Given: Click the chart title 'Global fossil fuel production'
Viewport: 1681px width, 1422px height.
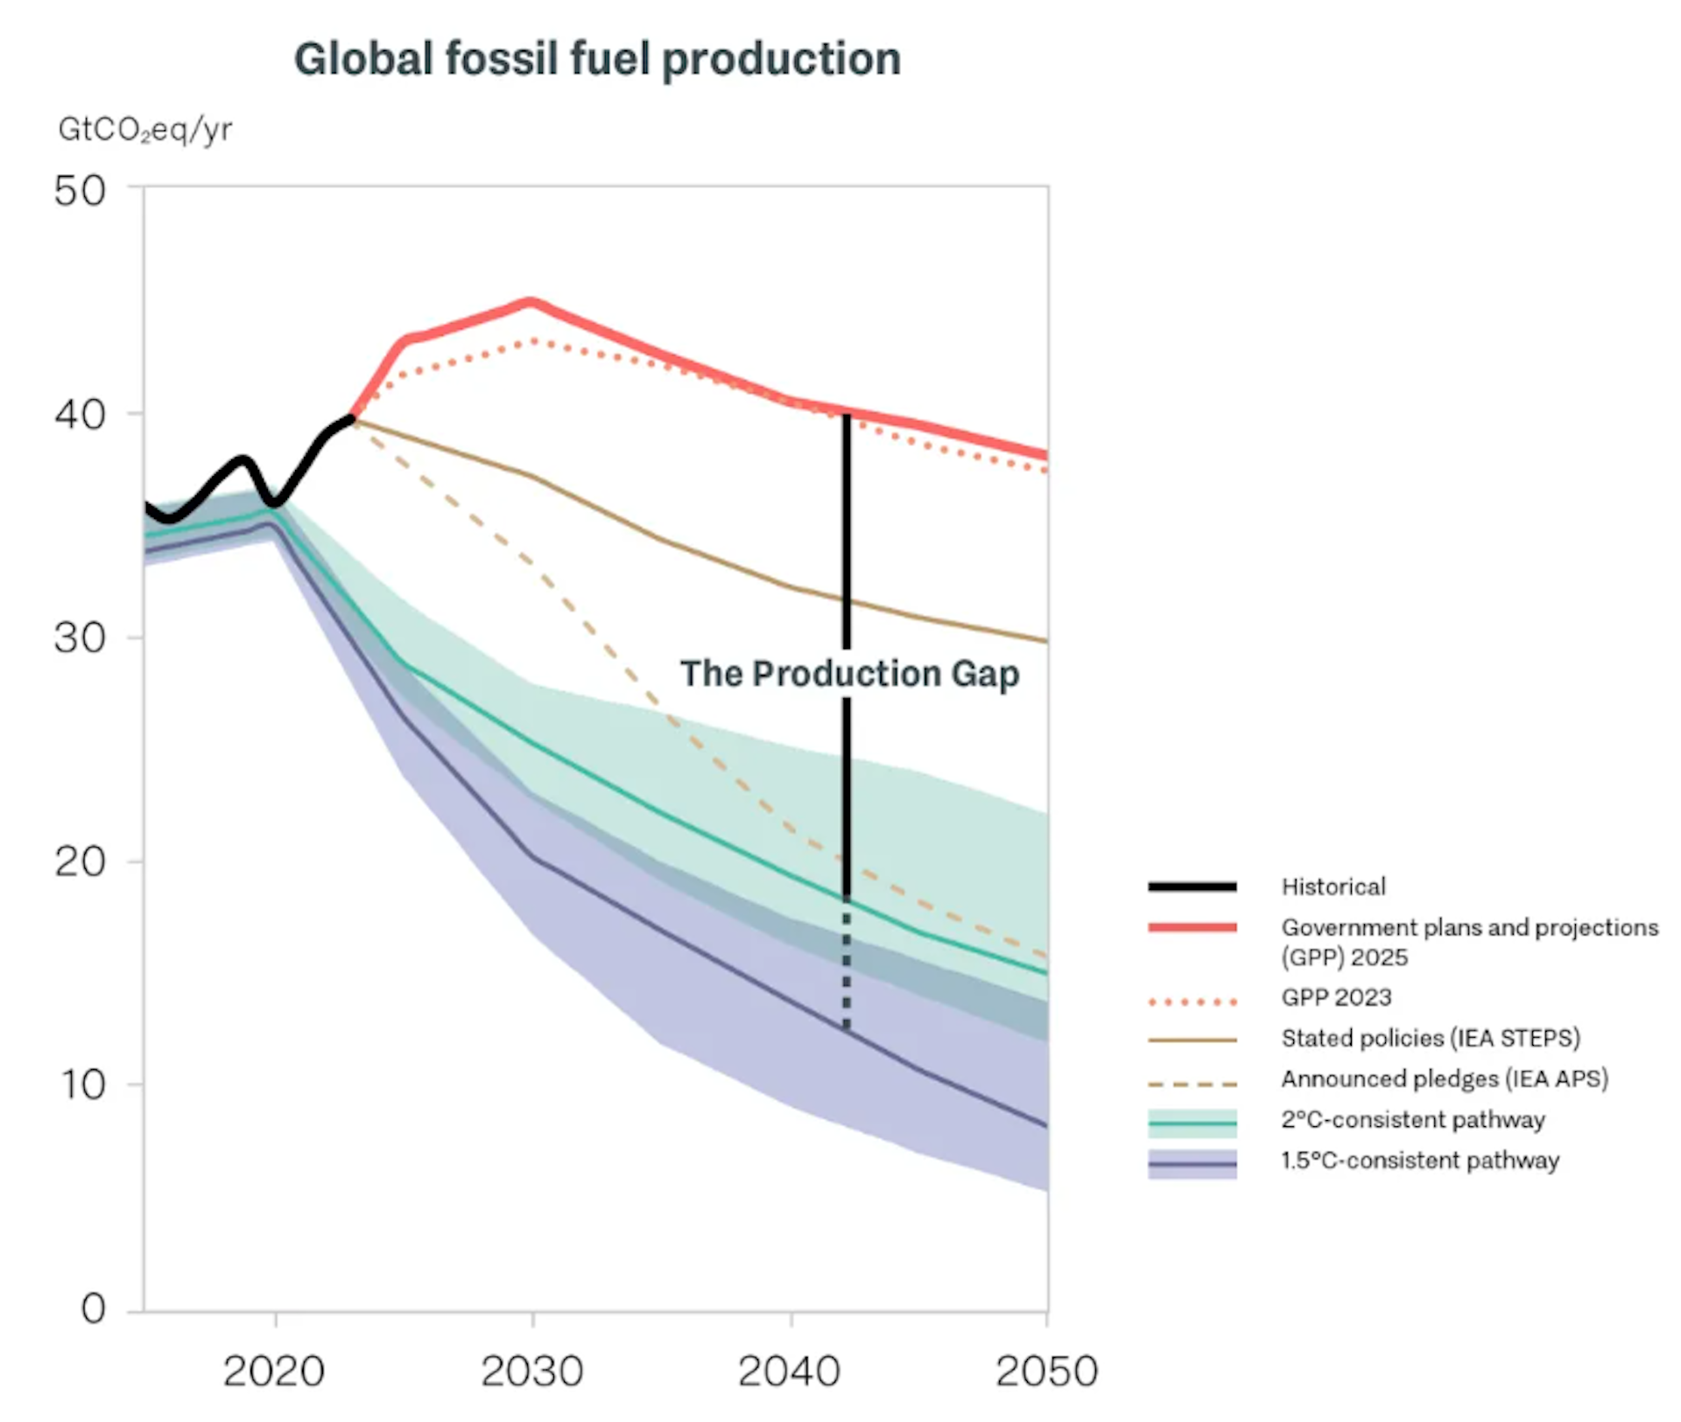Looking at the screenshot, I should [x=597, y=60].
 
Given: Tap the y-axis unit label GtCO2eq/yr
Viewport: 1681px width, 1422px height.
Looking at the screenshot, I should [x=145, y=130].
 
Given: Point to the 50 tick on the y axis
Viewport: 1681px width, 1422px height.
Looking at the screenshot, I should [x=80, y=191].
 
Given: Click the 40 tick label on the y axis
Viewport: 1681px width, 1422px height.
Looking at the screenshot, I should [x=80, y=414].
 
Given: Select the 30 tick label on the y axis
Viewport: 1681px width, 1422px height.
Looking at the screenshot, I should [x=80, y=637].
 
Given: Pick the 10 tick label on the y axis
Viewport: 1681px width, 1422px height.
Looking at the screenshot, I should [x=83, y=1084].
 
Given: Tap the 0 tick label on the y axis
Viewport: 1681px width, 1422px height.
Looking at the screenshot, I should [x=94, y=1308].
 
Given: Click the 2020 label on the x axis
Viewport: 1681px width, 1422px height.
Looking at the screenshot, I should [x=274, y=1370].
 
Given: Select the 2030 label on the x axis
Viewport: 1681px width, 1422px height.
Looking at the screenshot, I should [x=531, y=1370].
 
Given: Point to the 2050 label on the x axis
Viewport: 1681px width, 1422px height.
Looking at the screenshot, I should [x=1046, y=1370].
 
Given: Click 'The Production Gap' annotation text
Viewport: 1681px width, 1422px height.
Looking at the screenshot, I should [x=849, y=674].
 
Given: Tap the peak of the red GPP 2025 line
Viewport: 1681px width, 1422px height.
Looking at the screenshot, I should [x=531, y=303].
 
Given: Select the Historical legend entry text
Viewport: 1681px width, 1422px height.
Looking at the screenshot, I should [x=1333, y=886].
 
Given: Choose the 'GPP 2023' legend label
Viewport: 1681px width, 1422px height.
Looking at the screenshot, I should [x=1336, y=997].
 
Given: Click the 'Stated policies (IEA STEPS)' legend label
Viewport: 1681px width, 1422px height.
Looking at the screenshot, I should [x=1431, y=1038].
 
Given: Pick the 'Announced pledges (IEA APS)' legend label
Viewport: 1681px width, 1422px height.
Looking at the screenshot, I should [x=1445, y=1078].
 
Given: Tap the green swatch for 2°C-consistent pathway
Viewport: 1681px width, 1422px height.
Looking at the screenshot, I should [x=1192, y=1121].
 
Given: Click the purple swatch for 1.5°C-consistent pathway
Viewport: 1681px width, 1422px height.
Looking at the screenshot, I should [x=1192, y=1164].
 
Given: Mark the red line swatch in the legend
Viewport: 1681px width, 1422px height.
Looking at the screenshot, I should [x=1192, y=928].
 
